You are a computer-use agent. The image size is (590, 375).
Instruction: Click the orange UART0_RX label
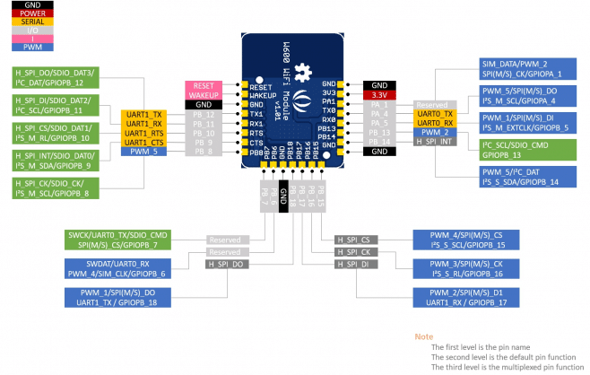[435, 124]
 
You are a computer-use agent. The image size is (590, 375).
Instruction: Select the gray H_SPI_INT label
[435, 143]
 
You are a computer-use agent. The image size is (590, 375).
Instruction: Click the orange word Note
[423, 336]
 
